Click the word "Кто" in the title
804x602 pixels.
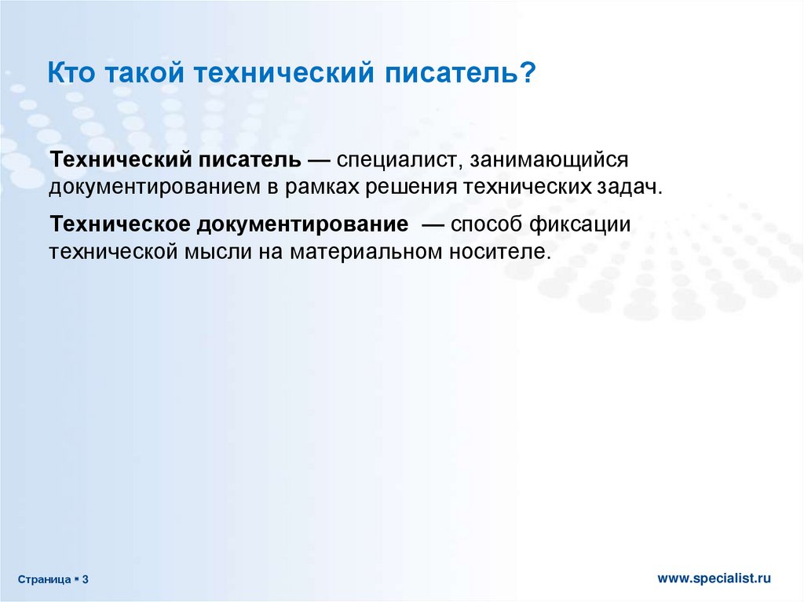click(71, 72)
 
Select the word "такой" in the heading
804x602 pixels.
click(145, 73)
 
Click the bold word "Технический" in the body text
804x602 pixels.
click(120, 159)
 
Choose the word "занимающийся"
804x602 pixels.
click(549, 160)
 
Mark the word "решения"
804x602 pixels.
click(411, 188)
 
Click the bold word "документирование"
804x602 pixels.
click(303, 225)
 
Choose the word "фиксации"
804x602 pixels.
click(579, 225)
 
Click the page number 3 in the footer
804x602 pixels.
click(85, 579)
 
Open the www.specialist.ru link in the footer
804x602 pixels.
click(714, 578)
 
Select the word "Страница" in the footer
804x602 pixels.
click(45, 580)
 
